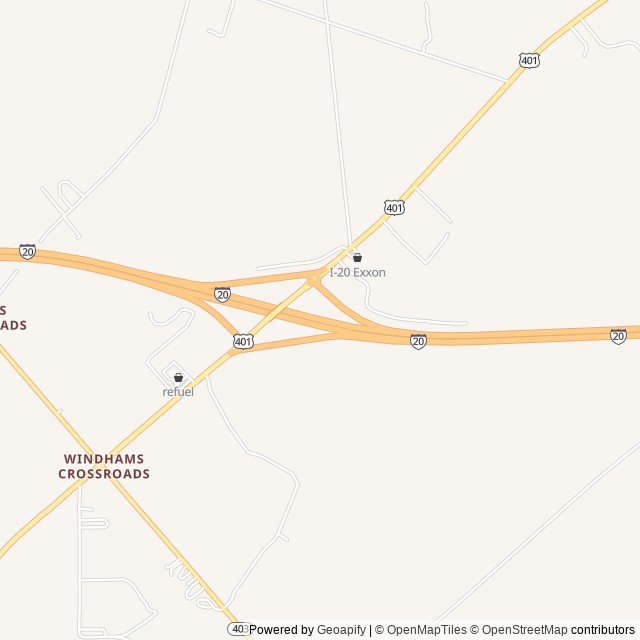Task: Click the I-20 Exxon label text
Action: pyautogui.click(x=357, y=272)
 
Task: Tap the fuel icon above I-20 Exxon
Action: pyautogui.click(x=357, y=258)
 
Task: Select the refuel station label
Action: pyautogui.click(x=178, y=392)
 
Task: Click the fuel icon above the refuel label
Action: pyautogui.click(x=178, y=377)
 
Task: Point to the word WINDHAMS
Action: pyautogui.click(x=104, y=459)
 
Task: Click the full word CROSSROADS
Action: pyautogui.click(x=104, y=474)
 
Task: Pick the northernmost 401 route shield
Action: pyautogui.click(x=530, y=61)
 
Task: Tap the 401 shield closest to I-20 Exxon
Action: pyautogui.click(x=394, y=208)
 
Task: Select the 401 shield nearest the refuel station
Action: pyautogui.click(x=243, y=342)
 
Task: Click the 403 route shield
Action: pyautogui.click(x=238, y=628)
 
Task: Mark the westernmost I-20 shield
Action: pyautogui.click(x=27, y=252)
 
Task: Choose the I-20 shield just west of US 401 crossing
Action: pyautogui.click(x=222, y=295)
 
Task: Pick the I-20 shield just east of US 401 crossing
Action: pyautogui.click(x=418, y=342)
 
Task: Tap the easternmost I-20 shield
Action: pyautogui.click(x=618, y=337)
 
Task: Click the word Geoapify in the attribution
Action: pyautogui.click(x=342, y=630)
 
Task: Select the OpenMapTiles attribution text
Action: pyautogui.click(x=426, y=630)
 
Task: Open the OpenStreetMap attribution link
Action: pyautogui.click(x=524, y=630)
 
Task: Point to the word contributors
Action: pyautogui.click(x=603, y=630)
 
